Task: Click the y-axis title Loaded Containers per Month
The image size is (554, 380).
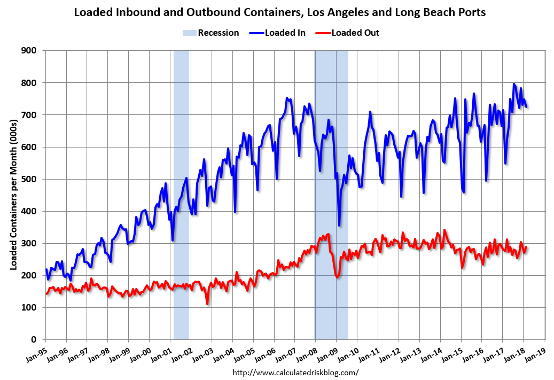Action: (x=14, y=195)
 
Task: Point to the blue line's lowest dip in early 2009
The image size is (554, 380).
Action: (x=339, y=225)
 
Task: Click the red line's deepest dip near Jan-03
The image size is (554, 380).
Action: (x=207, y=304)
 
